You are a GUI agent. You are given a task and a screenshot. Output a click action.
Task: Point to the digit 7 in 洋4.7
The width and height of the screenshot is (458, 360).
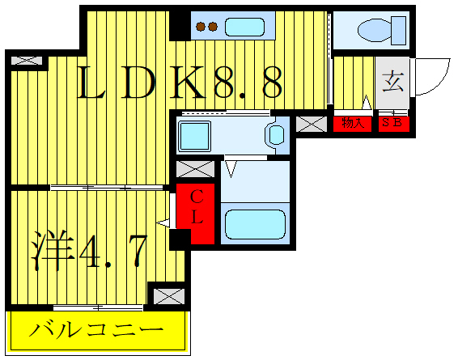[134, 252]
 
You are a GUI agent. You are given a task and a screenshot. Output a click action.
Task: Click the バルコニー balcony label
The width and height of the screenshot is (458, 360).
[97, 331]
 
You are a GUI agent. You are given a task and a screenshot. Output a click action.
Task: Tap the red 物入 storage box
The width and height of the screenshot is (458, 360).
[352, 124]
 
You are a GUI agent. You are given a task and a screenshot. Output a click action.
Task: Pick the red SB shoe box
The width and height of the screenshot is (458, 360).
[394, 124]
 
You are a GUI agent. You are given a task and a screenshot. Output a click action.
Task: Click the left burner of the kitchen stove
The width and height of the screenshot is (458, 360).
[201, 27]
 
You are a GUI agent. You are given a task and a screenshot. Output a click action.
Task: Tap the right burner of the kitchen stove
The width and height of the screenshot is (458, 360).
[213, 27]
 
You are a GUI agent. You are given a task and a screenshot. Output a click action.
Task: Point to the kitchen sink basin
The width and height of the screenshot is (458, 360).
[245, 27]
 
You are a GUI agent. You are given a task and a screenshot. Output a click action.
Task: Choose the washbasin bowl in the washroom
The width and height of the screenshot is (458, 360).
[276, 133]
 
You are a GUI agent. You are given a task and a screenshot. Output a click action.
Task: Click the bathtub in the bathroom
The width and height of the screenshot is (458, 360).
[255, 224]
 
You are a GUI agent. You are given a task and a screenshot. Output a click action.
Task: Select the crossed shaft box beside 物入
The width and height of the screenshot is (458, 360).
[311, 124]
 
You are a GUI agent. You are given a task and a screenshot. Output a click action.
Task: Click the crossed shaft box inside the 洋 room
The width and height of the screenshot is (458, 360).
[169, 295]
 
